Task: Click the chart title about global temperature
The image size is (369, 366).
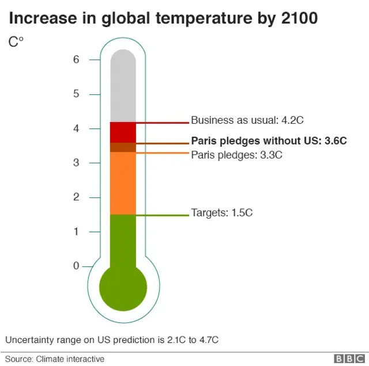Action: [163, 18]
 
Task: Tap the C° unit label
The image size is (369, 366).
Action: [16, 43]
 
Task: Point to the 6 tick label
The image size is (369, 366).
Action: [76, 59]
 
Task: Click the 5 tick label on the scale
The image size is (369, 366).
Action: [76, 94]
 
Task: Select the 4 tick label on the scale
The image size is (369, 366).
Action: [76, 128]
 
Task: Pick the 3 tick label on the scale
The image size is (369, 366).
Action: [76, 163]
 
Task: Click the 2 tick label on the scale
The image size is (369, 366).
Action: [76, 197]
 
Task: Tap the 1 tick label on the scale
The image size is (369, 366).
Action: [76, 232]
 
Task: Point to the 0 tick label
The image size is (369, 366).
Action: [76, 266]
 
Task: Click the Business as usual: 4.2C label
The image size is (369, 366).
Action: [247, 120]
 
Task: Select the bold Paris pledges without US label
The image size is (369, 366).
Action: [269, 141]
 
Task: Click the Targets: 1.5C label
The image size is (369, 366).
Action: [222, 213]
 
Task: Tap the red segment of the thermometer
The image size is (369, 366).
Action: [123, 132]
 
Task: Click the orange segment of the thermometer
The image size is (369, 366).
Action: [123, 183]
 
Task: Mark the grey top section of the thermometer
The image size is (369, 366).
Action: [123, 86]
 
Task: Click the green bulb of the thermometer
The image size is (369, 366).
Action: [123, 286]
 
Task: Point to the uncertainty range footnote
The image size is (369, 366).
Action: [112, 340]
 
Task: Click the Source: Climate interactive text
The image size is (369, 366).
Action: [55, 359]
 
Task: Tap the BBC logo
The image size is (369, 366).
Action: [347, 359]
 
